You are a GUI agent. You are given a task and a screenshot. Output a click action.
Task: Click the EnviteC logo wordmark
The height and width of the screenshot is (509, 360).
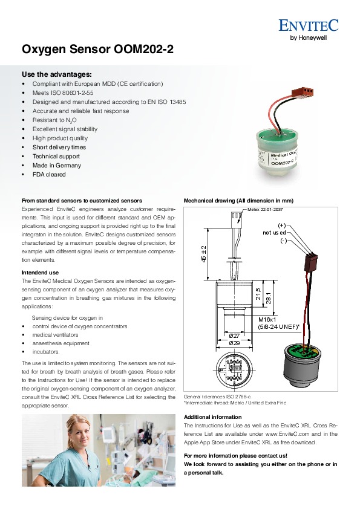(308, 25)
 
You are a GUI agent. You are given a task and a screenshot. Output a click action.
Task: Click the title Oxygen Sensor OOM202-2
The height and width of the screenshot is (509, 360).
(97, 50)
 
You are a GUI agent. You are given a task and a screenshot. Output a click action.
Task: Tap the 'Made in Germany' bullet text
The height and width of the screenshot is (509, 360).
(56, 165)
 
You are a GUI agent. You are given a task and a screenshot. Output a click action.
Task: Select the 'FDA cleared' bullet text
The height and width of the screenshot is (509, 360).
(49, 174)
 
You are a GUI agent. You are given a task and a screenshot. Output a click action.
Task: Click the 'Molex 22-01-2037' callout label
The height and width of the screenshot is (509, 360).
(265, 209)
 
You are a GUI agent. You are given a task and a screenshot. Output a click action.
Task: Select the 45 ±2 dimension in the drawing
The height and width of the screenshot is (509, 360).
(204, 254)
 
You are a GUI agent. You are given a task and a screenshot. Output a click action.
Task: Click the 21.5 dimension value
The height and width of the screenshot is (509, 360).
(258, 294)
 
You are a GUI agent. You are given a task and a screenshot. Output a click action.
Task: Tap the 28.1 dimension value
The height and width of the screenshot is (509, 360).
(269, 298)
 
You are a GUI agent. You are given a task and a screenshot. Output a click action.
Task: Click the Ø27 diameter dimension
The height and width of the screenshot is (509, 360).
(234, 336)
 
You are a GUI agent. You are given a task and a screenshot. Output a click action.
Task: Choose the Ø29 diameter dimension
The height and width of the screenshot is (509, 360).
(234, 343)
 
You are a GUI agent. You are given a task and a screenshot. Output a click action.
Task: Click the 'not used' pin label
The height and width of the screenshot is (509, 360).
(274, 233)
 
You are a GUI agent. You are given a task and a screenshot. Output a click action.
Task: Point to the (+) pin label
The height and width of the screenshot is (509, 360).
(281, 225)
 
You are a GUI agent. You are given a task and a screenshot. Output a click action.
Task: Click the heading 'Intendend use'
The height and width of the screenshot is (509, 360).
(40, 273)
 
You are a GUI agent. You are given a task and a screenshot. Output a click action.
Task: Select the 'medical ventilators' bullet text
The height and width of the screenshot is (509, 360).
(55, 335)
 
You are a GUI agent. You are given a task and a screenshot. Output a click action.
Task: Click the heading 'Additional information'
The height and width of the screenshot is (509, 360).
(213, 417)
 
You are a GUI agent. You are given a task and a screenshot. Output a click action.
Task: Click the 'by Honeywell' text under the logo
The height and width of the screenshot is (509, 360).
(309, 37)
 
